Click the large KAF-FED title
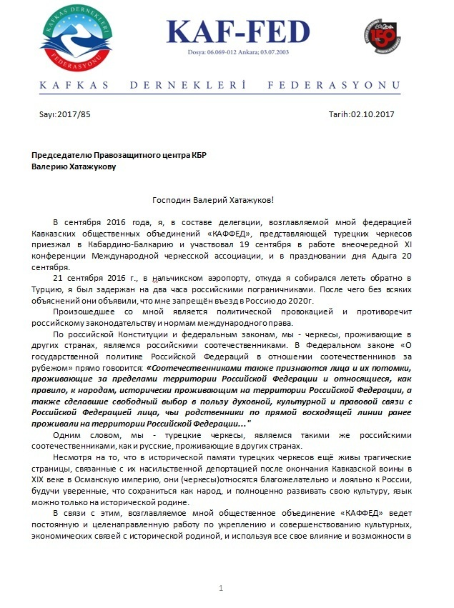pyautogui.click(x=239, y=32)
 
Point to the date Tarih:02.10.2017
pyautogui.click(x=361, y=114)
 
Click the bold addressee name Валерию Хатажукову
pyautogui.click(x=78, y=166)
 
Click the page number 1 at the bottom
pyautogui.click(x=222, y=587)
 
